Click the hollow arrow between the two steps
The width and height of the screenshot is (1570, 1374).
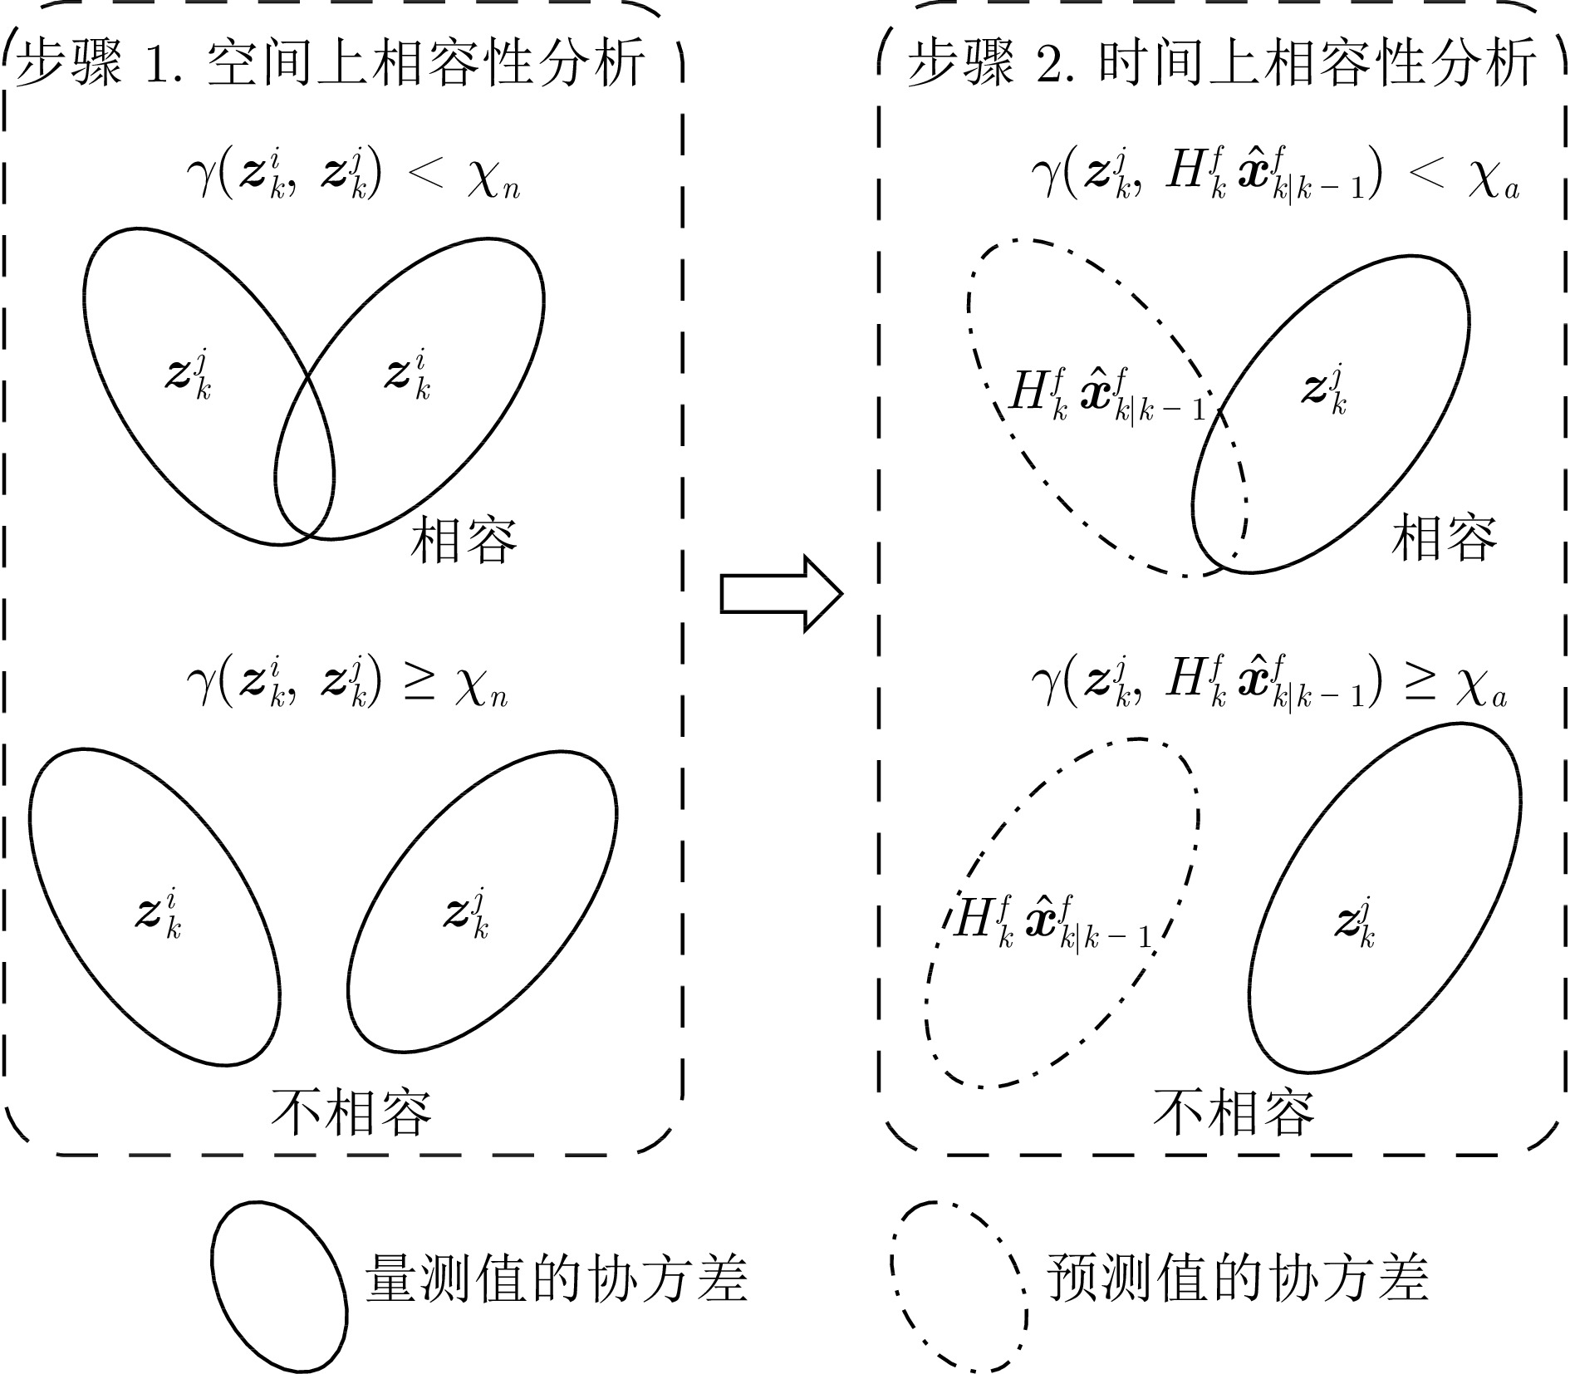(781, 593)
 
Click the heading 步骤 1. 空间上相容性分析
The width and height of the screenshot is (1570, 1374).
(331, 64)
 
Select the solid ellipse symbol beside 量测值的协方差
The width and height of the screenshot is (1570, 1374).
(279, 1287)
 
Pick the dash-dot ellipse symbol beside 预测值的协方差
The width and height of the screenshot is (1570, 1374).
(959, 1287)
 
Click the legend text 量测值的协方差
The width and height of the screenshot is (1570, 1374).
(557, 1277)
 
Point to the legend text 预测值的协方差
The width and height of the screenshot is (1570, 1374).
(1238, 1277)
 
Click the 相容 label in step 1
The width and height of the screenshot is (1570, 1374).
(464, 540)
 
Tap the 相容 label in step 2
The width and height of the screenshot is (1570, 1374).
(1444, 537)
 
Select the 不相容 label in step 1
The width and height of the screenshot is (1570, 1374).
(351, 1111)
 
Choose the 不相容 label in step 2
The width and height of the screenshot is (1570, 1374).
(1234, 1111)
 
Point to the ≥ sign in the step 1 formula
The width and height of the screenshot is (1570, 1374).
(419, 681)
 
